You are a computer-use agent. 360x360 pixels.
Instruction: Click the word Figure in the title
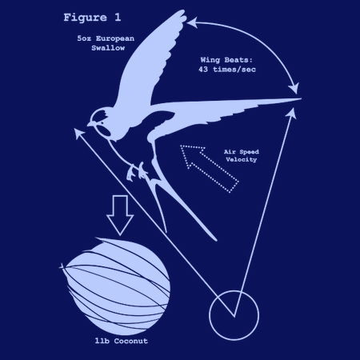(85, 18)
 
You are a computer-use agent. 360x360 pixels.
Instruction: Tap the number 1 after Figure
(118, 18)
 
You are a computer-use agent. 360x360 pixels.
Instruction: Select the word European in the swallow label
(115, 38)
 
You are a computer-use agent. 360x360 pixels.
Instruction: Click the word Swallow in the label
(108, 48)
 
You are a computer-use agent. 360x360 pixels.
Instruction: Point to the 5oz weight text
(84, 38)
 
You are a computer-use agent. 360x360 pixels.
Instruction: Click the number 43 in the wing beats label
(203, 70)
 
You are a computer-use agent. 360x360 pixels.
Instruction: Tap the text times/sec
(234, 70)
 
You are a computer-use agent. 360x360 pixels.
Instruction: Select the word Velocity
(241, 160)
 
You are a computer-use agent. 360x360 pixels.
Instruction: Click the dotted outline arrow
(210, 168)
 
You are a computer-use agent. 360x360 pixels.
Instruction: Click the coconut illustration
(116, 286)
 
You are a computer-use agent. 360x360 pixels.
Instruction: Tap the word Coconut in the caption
(131, 341)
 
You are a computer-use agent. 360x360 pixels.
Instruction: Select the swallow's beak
(90, 124)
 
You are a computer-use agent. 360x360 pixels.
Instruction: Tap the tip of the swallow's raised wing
(183, 11)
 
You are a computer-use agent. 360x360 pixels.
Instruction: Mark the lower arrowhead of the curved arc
(294, 88)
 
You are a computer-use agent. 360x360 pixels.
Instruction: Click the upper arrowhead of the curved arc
(192, 22)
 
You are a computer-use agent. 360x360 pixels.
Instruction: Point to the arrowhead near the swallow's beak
(78, 133)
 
